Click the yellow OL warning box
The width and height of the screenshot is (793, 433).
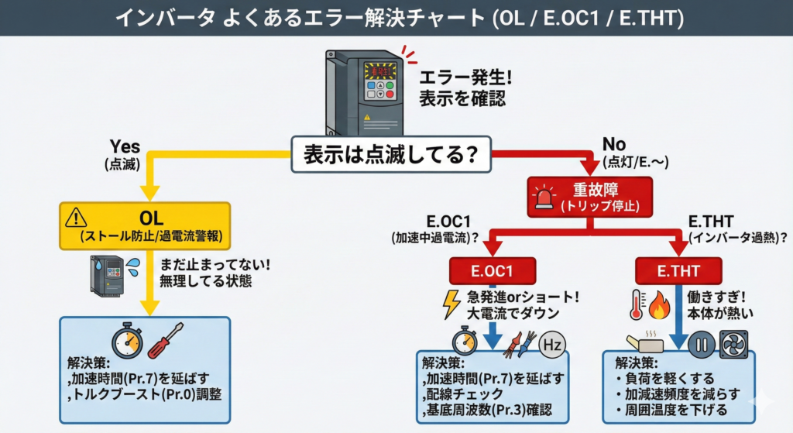click(x=145, y=225)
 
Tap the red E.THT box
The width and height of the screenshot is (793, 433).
click(x=678, y=270)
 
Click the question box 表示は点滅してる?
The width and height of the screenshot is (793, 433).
click(x=391, y=153)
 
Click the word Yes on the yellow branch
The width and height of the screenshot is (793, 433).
click(x=124, y=146)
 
